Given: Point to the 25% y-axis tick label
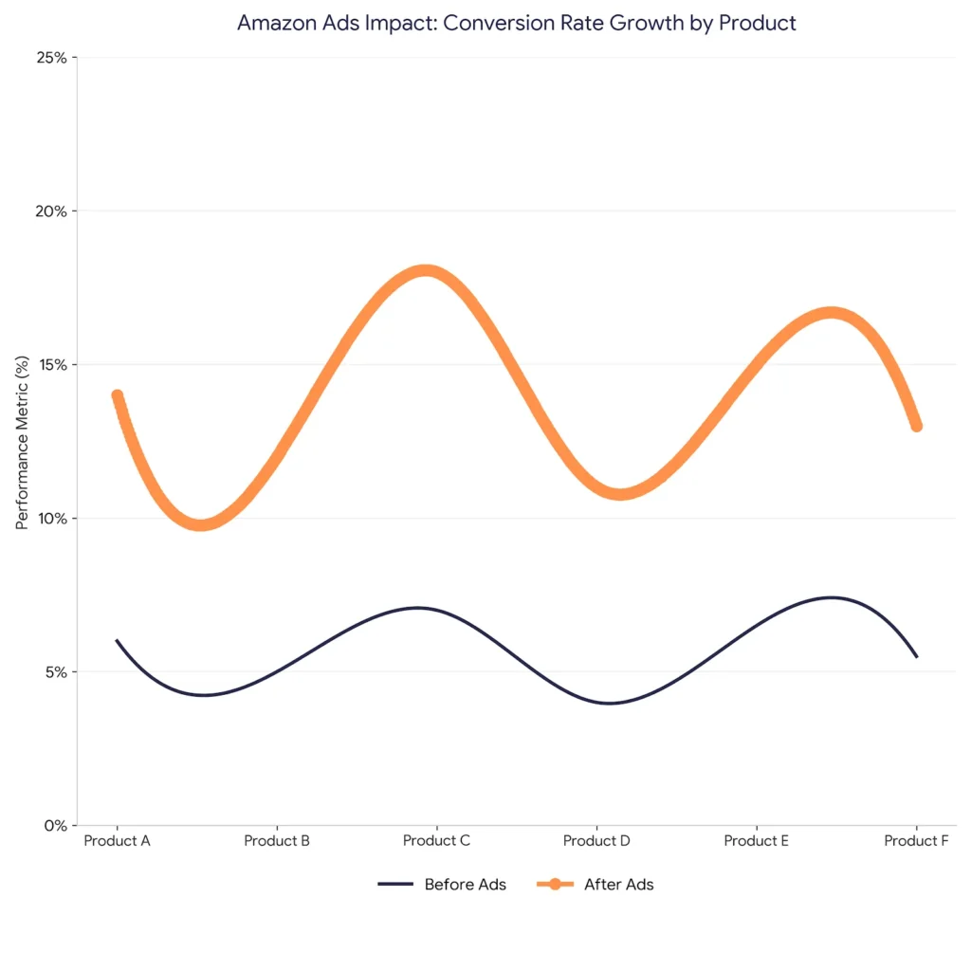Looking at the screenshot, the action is click(51, 58).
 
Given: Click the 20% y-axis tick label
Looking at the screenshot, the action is click(51, 211).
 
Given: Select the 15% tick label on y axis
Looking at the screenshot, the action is click(53, 365).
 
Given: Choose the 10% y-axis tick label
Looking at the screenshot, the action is click(53, 519).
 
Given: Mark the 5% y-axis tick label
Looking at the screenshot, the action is click(56, 672).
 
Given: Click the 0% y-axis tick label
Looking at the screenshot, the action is click(56, 826).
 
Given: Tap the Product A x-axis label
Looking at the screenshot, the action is click(117, 840).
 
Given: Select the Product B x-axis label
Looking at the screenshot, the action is click(277, 840).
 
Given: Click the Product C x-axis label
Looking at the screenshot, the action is click(436, 840).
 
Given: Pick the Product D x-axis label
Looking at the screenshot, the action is click(596, 840).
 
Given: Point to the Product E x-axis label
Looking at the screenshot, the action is click(756, 840).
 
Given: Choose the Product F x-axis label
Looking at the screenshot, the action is click(916, 840).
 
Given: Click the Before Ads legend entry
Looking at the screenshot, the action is click(442, 885).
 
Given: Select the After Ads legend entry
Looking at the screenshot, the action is click(595, 885).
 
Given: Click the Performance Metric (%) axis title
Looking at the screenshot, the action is click(23, 442).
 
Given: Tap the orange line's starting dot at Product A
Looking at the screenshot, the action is click(117, 395).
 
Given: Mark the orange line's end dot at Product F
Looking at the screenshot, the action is click(917, 426).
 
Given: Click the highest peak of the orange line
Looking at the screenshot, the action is click(426, 270).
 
